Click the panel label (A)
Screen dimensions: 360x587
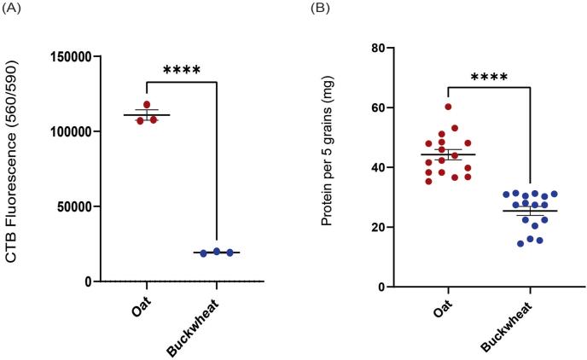click(x=15, y=10)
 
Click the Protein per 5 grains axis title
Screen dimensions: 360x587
click(x=327, y=167)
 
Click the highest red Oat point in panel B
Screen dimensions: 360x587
click(x=448, y=107)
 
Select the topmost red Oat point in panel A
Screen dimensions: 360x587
click(x=147, y=105)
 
